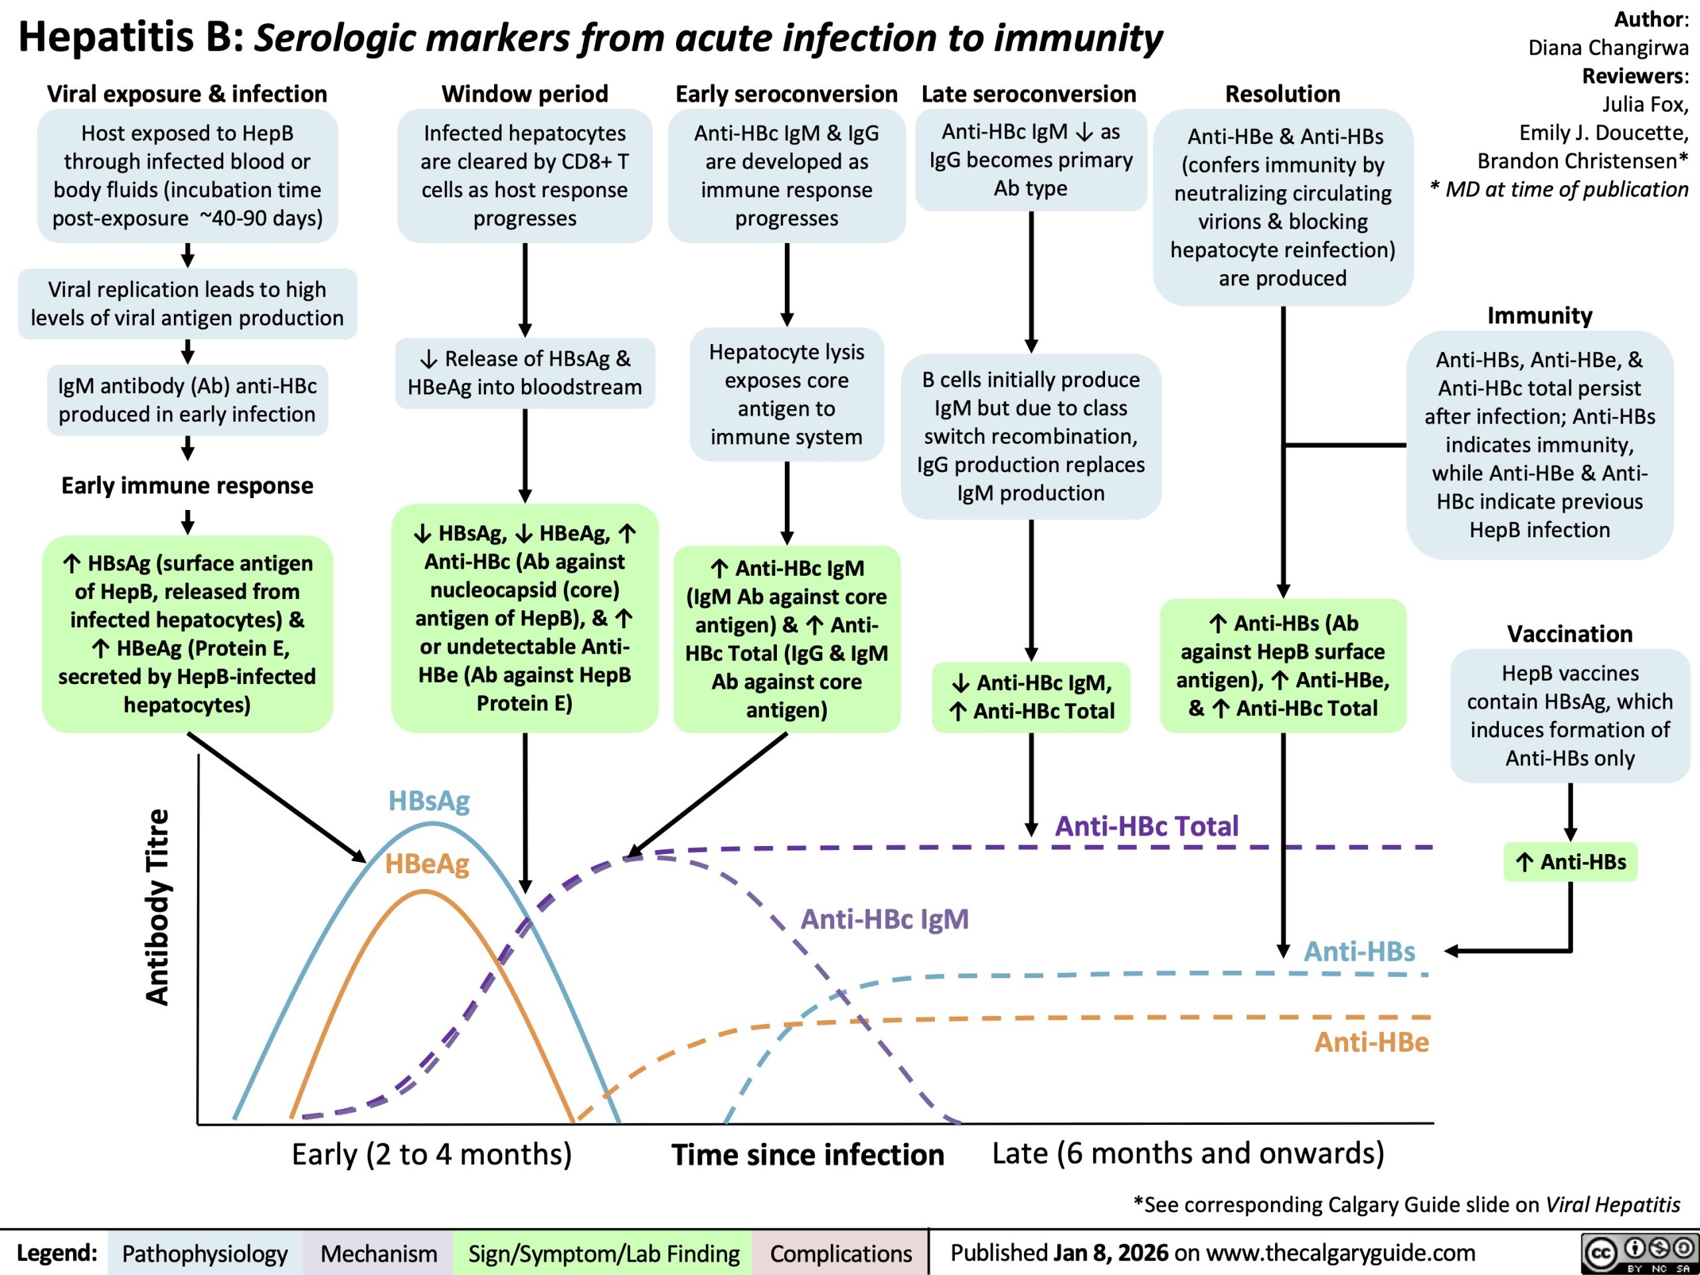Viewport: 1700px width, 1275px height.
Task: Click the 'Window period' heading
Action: pos(524,94)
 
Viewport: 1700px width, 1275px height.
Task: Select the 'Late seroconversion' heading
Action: pos(1028,94)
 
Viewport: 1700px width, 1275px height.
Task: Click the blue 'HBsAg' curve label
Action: pos(429,801)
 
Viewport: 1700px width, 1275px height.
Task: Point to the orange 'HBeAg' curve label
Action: pos(426,864)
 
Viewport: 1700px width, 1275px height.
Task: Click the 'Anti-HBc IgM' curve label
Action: pos(885,918)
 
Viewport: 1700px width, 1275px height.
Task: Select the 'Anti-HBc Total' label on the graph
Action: pos(1146,825)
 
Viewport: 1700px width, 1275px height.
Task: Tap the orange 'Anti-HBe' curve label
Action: pos(1371,1041)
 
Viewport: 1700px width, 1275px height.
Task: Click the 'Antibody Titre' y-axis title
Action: pos(157,907)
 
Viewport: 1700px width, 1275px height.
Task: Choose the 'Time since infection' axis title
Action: pos(807,1154)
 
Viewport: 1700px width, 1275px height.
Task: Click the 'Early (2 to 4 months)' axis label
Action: pos(432,1153)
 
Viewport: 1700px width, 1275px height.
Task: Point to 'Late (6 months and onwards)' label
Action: pos(1188,1153)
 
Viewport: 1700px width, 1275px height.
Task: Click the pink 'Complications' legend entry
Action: pos(841,1254)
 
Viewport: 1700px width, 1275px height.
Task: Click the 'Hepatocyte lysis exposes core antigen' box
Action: pos(786,394)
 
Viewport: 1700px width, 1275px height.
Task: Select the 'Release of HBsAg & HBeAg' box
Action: pos(525,373)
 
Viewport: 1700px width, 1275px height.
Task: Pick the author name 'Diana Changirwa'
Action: pos(1608,48)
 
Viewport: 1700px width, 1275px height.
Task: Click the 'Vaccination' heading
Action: pos(1569,634)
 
